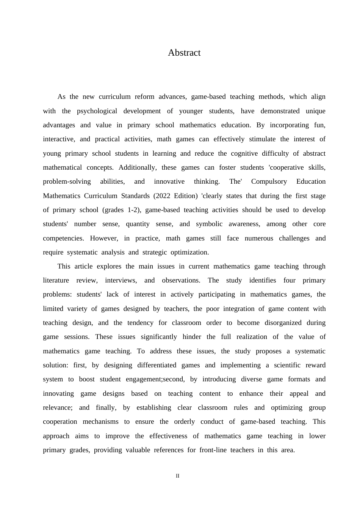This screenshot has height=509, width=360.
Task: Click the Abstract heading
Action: coord(184,53)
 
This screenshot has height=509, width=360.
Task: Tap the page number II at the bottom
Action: coord(177,476)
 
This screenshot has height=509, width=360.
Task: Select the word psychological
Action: coord(100,111)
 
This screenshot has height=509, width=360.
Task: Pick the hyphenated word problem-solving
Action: coord(67,182)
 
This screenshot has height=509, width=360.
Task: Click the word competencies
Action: coord(63,238)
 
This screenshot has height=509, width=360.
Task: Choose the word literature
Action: coord(56,281)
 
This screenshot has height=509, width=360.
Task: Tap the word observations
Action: coord(181,281)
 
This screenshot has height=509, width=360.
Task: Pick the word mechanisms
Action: coord(100,422)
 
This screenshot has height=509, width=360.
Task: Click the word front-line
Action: coord(213,450)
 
